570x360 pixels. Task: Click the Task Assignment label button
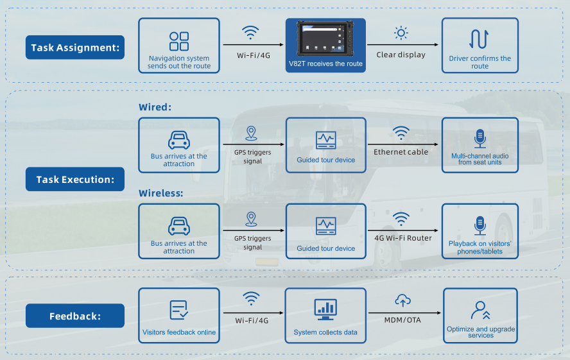pos(75,47)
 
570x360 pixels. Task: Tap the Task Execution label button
pos(75,179)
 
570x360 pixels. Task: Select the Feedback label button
pos(75,316)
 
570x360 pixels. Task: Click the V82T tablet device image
pos(325,39)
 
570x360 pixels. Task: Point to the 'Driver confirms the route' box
pos(479,45)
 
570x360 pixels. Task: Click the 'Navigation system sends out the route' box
pos(179,45)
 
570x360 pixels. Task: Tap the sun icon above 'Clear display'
pos(401,33)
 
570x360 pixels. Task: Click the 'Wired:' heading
pos(155,107)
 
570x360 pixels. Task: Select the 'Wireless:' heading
pos(161,193)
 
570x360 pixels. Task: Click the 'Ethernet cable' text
pos(401,152)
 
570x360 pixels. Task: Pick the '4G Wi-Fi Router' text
pos(402,238)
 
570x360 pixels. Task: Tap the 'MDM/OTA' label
pos(402,320)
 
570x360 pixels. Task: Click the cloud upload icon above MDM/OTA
pos(402,300)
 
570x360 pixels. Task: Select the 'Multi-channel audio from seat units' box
pos(479,145)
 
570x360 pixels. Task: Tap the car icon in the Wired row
pos(179,139)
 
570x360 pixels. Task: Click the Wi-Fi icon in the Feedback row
pos(251,298)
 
